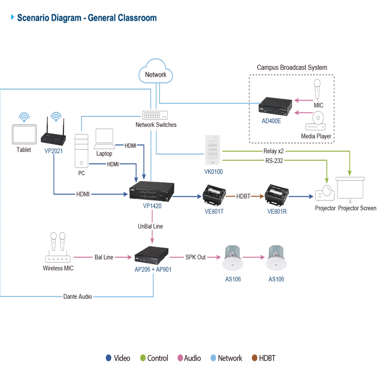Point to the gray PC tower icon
82,151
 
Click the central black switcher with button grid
152,192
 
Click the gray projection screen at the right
351,188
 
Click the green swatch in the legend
143,358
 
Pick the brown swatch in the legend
255,358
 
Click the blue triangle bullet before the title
12,17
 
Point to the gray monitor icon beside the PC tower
105,140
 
